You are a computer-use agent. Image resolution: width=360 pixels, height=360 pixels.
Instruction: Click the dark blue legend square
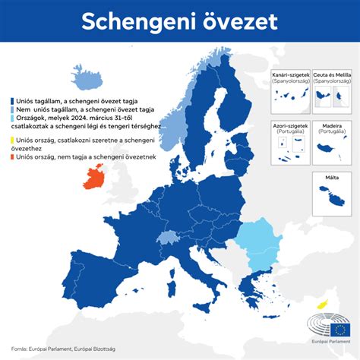[x=11, y=99]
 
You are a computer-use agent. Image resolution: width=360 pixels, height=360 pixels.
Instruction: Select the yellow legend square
[x=11, y=140]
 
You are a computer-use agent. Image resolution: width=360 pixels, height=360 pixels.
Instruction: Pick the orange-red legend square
[x=11, y=157]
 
